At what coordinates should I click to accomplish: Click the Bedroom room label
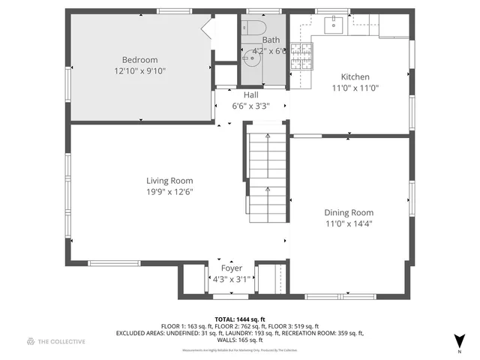[x=139, y=60]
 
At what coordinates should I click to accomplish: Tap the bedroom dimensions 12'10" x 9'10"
[x=139, y=71]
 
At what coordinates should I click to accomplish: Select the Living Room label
[x=169, y=181]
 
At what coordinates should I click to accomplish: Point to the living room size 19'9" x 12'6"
[x=169, y=192]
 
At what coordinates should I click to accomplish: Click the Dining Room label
[x=349, y=212]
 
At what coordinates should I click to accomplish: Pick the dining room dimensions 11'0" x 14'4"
[x=349, y=223]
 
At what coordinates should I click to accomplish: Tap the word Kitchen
[x=355, y=76]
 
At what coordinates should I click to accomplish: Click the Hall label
[x=250, y=95]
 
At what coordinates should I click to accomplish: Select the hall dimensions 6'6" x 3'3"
[x=250, y=106]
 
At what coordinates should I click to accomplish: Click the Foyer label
[x=231, y=268]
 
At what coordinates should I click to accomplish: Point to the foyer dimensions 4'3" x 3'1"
[x=231, y=279]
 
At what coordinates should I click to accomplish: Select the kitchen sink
[x=334, y=25]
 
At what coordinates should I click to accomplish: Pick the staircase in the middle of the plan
[x=267, y=172]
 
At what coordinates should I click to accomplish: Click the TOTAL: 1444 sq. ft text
[x=240, y=319]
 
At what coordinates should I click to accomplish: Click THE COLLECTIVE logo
[x=56, y=341]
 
